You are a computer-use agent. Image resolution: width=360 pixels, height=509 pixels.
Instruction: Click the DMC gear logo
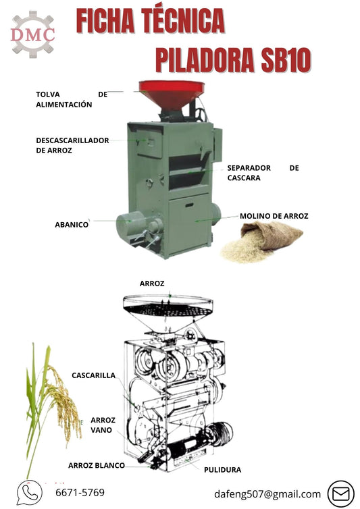(33, 34)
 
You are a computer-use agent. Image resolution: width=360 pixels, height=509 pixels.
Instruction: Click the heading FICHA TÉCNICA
(150, 22)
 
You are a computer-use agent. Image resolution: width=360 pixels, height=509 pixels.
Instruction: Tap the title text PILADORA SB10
(233, 60)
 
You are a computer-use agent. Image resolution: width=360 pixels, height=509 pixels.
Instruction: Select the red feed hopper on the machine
(172, 93)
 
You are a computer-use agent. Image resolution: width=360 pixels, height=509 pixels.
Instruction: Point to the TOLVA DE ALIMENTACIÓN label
(71, 100)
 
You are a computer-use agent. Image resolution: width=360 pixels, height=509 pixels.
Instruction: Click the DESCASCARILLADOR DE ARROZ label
(72, 145)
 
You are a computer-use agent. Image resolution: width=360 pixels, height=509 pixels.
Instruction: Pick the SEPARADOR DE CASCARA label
(262, 173)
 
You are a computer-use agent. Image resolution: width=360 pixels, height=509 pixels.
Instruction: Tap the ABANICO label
(72, 224)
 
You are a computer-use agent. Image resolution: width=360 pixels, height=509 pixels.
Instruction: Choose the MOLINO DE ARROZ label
(274, 216)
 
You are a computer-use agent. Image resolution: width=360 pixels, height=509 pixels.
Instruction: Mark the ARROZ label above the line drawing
(152, 284)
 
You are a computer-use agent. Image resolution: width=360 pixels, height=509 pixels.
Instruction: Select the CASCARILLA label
(93, 375)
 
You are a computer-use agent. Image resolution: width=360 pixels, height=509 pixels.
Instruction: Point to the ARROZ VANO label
(102, 425)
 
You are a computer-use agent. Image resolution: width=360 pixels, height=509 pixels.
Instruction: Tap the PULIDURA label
(222, 469)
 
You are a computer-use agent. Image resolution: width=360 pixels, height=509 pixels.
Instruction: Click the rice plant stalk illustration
(47, 405)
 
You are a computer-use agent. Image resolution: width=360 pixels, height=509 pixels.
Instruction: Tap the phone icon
(29, 493)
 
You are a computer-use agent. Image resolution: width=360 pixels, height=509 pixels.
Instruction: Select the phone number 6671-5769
(80, 493)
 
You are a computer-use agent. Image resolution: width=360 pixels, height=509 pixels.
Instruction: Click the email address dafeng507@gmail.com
(267, 494)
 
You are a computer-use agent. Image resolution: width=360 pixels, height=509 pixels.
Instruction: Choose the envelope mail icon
(340, 494)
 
